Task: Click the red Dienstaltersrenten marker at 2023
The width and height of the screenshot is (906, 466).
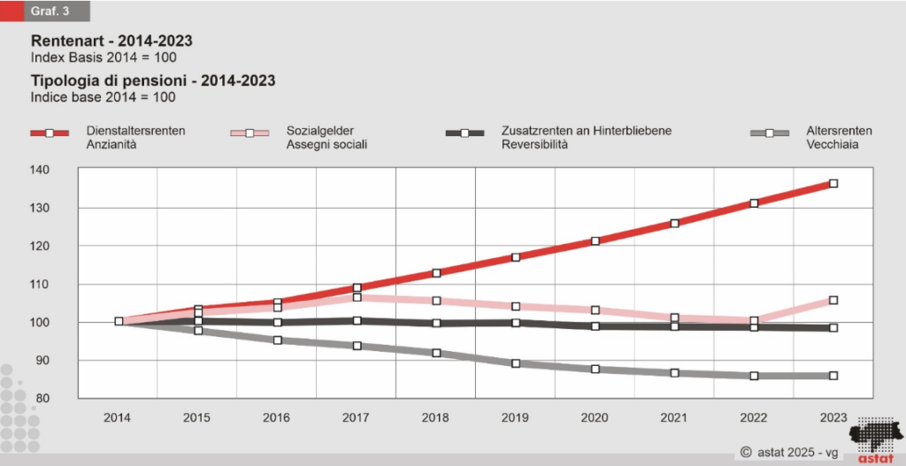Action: click(x=833, y=184)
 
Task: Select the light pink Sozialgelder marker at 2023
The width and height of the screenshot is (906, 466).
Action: click(x=833, y=301)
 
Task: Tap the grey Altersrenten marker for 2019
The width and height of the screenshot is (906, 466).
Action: click(x=516, y=363)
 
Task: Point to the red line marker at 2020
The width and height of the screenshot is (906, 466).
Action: click(x=595, y=241)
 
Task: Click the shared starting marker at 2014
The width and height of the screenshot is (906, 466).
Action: click(x=119, y=321)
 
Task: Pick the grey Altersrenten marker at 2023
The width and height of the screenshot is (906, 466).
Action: click(x=833, y=376)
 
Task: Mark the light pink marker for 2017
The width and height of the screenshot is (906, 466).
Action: click(x=357, y=297)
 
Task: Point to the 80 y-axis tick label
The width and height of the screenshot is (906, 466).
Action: click(x=65, y=399)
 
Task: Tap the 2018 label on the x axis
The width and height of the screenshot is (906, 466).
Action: click(x=436, y=416)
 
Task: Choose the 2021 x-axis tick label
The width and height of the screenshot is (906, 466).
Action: click(x=674, y=416)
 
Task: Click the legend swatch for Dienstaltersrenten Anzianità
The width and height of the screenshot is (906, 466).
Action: click(x=50, y=134)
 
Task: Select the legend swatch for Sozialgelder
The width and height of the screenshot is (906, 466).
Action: click(x=250, y=134)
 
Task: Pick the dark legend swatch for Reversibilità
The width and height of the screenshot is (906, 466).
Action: click(x=465, y=134)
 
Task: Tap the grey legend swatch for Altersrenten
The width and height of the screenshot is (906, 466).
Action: click(x=770, y=134)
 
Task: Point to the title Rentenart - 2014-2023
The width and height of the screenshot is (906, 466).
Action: click(x=111, y=42)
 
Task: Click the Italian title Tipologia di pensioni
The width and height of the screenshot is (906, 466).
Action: click(x=153, y=80)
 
